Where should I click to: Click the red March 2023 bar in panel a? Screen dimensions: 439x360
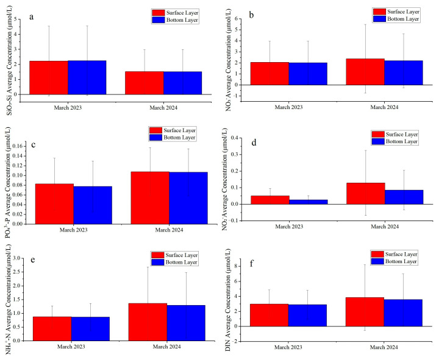tap(49, 77)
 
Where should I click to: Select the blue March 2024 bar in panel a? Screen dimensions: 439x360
tap(182, 83)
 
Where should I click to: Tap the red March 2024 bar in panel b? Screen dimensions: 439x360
tap(365, 72)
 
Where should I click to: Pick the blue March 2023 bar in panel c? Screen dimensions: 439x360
tap(93, 205)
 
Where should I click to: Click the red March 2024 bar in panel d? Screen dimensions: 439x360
tap(366, 193)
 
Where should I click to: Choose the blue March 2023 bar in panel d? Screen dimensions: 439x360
tap(309, 202)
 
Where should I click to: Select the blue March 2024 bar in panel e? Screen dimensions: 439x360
tap(186, 323)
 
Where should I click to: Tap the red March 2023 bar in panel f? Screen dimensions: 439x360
tap(269, 315)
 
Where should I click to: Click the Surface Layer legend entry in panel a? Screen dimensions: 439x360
tap(175, 13)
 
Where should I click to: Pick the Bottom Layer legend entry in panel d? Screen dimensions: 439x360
tap(394, 141)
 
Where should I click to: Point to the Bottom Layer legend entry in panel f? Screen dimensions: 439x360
tap(394, 261)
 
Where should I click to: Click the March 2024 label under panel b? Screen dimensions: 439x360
tap(384, 107)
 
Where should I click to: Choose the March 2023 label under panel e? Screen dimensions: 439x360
tap(71, 347)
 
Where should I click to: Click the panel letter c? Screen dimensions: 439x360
tap(34, 145)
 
